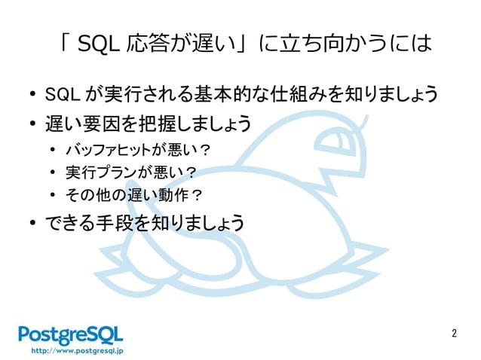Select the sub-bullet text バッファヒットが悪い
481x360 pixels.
[x=128, y=148]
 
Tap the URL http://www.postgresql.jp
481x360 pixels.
[x=71, y=351]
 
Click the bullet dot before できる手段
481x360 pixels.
[x=32, y=223]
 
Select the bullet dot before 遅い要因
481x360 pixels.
[x=32, y=123]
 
